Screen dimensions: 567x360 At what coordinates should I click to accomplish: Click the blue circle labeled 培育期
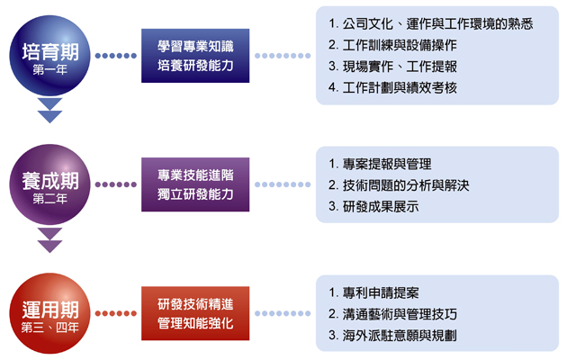49,55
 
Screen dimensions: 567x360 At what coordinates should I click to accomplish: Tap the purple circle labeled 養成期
49,184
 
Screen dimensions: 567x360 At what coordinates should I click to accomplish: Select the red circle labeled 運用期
49,313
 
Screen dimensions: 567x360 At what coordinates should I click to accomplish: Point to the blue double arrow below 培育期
49,111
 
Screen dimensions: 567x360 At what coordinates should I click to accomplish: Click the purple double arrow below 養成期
49,240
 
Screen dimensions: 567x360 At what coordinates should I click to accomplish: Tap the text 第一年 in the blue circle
49,69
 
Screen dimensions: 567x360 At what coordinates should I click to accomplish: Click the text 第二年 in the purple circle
49,198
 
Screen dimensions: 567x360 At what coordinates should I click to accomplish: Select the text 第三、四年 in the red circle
49,328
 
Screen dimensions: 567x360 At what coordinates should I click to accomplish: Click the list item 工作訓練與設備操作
392,45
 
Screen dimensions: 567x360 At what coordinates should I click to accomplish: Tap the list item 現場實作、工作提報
392,67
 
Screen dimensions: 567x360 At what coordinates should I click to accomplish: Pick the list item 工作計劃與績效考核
392,88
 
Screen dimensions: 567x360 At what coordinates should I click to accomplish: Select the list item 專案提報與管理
380,164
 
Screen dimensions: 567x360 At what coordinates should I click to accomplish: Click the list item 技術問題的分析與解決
399,185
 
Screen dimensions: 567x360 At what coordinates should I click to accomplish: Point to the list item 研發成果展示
373,207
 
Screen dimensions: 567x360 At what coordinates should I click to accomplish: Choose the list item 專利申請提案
373,292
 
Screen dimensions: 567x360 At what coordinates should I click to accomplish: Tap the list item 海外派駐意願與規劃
392,336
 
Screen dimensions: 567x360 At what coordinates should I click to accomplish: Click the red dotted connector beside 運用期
116,313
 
